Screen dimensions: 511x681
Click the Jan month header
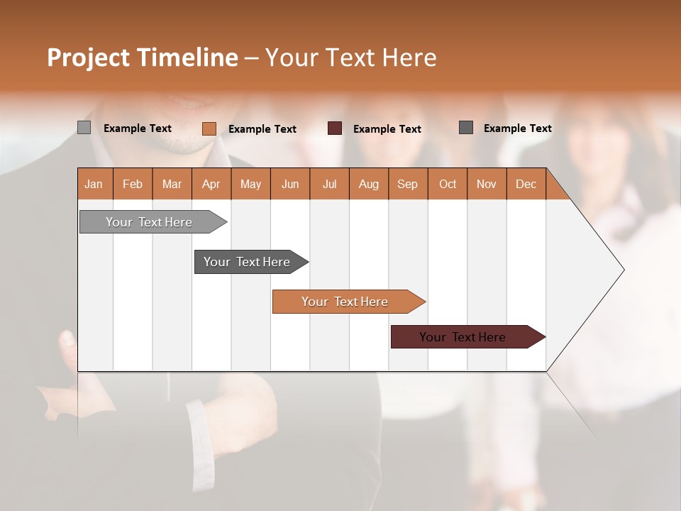[x=94, y=184]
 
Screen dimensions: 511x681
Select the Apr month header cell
[x=211, y=184]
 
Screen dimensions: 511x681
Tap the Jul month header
[x=329, y=184]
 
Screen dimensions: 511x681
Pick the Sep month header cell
[x=408, y=184]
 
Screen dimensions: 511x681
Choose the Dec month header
[x=526, y=184]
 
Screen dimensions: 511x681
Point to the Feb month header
[x=133, y=184]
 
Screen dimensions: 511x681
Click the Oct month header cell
[x=448, y=184]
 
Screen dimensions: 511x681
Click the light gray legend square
[x=84, y=128]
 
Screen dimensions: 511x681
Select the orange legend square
[x=209, y=128]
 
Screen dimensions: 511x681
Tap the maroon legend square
[x=335, y=128]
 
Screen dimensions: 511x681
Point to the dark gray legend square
[x=466, y=128]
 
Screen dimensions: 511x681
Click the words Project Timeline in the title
[x=143, y=57]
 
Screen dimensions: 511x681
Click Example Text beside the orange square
[x=262, y=129]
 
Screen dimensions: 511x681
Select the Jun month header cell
[x=290, y=184]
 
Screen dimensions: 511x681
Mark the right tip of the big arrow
[x=623, y=270]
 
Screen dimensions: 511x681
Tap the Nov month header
[x=487, y=184]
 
